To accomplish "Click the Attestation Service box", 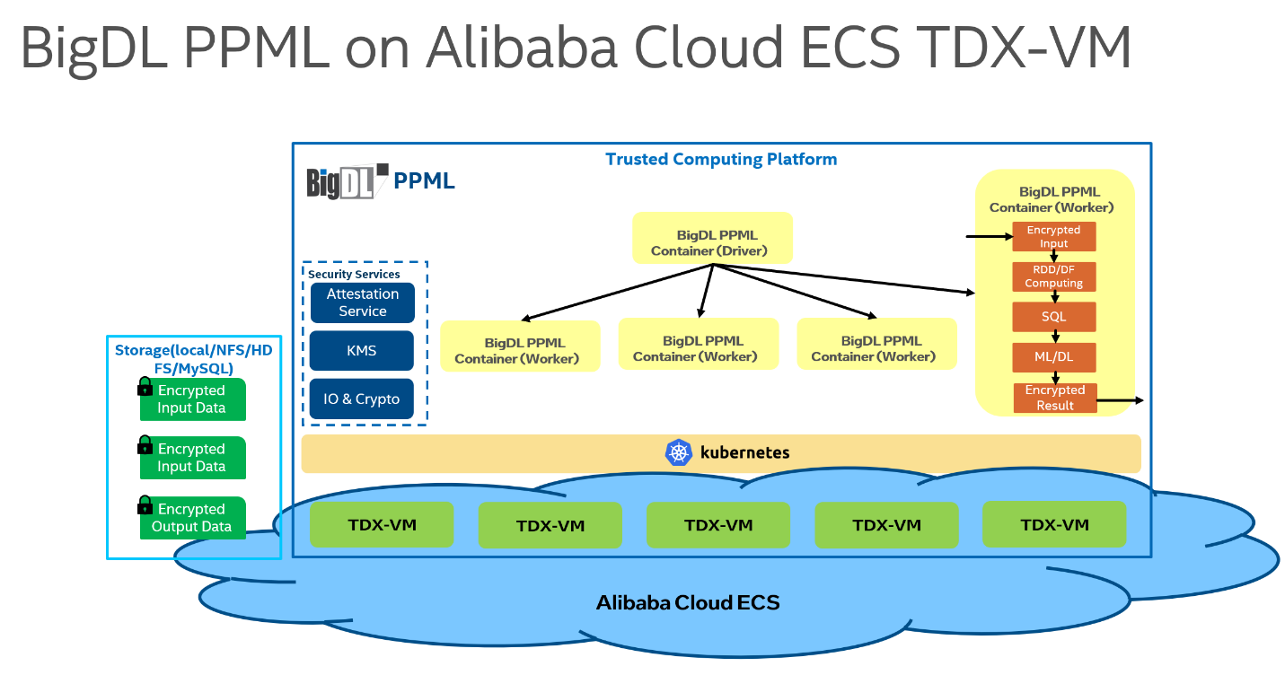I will (x=362, y=302).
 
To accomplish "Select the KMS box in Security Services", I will (x=362, y=351).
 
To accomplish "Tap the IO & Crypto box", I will (x=362, y=399).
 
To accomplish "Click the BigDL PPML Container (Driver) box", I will (x=712, y=238).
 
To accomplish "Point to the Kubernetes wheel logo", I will (x=678, y=452).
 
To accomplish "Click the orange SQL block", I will (x=1053, y=317).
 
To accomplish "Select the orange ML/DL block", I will (x=1053, y=356).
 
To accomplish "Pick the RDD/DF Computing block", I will (x=1053, y=276).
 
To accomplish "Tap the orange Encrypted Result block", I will (x=1055, y=398).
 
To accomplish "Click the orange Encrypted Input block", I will (x=1053, y=237).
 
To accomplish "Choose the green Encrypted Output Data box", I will (x=192, y=518).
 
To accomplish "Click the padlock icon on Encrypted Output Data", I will (x=145, y=505).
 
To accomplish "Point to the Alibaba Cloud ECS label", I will (x=688, y=602).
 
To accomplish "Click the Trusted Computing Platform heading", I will (x=721, y=160).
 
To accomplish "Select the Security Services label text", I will (x=354, y=274).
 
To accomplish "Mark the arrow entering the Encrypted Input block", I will (x=988, y=237).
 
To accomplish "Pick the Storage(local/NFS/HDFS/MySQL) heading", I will (x=193, y=359).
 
